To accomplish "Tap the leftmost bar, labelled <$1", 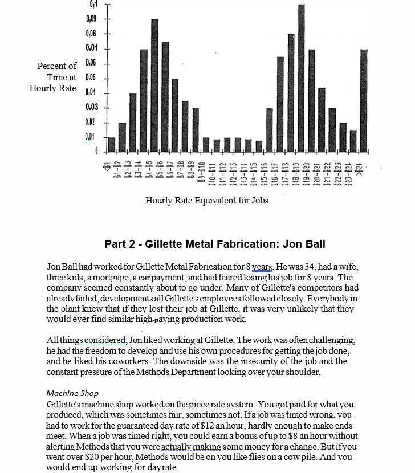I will coord(112,145).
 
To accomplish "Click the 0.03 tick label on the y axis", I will coord(92,107).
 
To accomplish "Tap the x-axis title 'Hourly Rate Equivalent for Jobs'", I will coord(207,200).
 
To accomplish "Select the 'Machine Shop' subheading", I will coord(72,393).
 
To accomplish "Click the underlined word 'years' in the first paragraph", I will coord(262,267).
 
